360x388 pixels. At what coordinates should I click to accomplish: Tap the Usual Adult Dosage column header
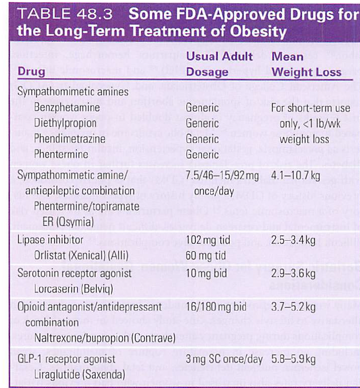220,64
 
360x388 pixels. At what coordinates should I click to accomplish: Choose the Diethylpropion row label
65,123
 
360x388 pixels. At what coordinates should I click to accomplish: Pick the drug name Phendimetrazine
69,139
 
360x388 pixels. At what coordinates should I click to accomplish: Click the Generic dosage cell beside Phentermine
202,155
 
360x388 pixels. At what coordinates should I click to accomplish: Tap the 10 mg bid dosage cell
208,274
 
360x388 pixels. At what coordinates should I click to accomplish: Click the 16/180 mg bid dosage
217,307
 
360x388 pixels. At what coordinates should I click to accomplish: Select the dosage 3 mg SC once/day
225,359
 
